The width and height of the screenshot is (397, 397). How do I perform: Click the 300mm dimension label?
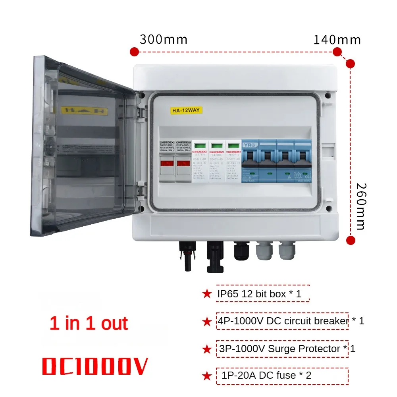164,40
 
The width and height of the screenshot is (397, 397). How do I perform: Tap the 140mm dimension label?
337,40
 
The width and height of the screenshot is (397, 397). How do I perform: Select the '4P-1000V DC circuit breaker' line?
282,321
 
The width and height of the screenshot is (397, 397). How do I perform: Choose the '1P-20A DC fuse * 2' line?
264,375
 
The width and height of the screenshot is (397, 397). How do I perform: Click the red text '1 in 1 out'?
89,324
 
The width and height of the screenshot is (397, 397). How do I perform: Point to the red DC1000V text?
95,366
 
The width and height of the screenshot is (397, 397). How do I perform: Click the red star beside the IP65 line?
207,294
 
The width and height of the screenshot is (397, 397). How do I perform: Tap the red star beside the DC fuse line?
207,376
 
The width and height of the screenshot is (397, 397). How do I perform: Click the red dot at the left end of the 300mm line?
134,52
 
